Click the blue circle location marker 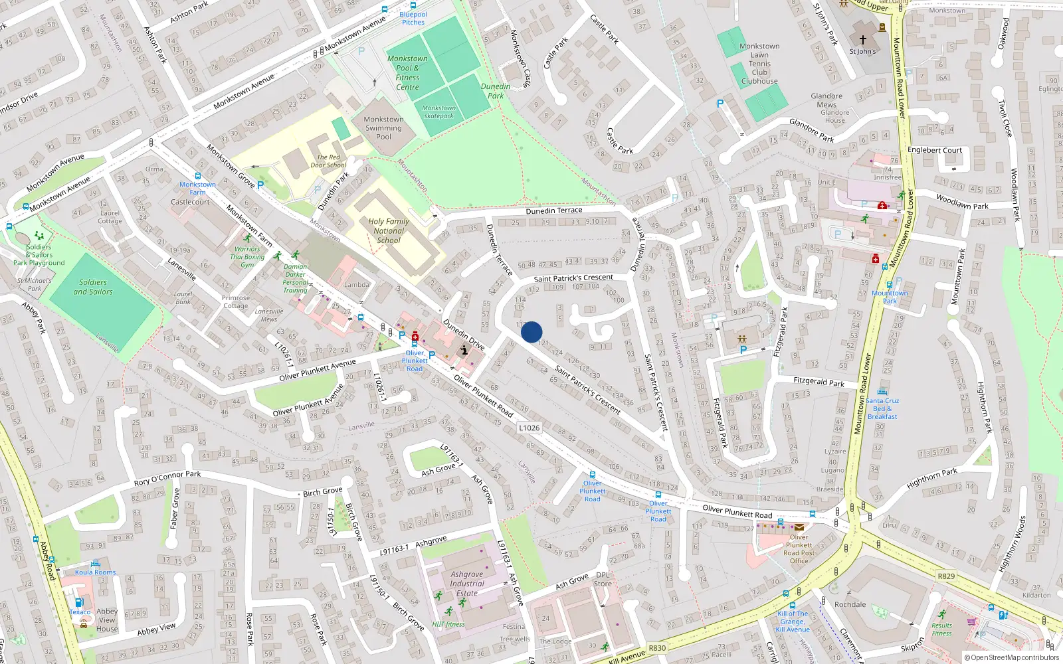pos(531,332)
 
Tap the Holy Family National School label pos(389,230)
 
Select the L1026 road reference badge pos(530,428)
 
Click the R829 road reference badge pos(946,576)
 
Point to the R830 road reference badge pos(657,648)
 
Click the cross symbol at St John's pos(863,40)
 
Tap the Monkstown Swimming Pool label pos(383,128)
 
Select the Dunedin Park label pos(496,91)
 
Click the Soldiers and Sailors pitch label pos(93,287)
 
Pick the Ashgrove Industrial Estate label pos(467,584)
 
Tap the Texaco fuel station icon pos(78,603)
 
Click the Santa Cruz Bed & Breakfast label pos(882,408)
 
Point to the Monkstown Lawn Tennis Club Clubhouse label pos(759,64)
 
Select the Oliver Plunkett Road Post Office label pos(799,549)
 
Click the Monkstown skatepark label pos(439,112)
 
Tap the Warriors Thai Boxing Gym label pos(247,257)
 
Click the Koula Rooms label pos(95,572)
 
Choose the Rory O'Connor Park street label pos(167,478)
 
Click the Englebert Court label pos(934,150)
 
